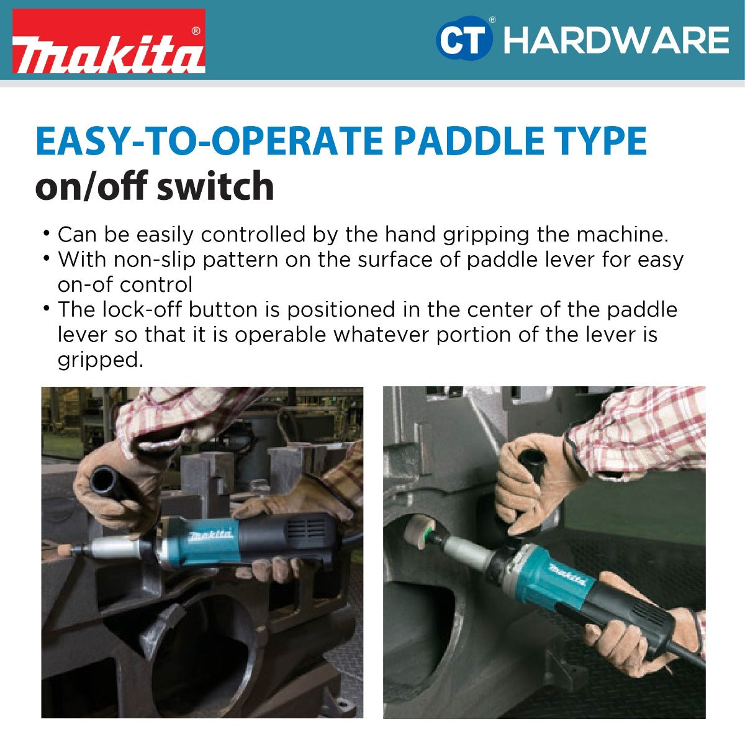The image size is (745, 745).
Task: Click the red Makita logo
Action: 109,42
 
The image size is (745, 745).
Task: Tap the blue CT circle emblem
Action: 464,39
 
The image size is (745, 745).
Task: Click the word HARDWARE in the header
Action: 616,40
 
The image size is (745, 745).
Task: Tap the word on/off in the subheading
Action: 91,186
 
